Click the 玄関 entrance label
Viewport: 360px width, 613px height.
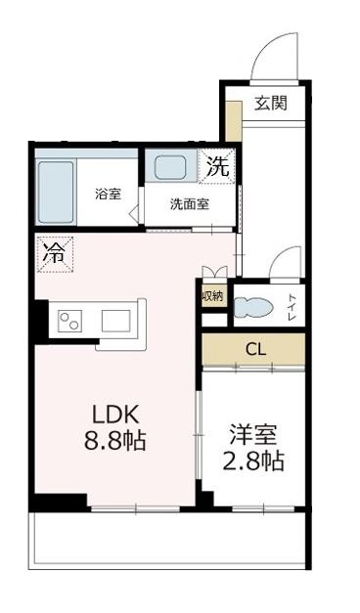[272, 103]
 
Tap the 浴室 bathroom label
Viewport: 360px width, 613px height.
[108, 193]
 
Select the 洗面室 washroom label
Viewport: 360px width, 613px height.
[189, 204]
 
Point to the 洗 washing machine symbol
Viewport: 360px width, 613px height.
[218, 167]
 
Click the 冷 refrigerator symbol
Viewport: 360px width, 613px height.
[52, 253]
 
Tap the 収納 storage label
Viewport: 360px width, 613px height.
[212, 295]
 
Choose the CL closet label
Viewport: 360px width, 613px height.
[254, 348]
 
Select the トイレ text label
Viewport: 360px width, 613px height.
[292, 307]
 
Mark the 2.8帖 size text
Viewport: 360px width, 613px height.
[251, 461]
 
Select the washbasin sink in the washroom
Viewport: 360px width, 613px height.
[170, 167]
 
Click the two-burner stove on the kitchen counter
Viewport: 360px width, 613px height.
[69, 321]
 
